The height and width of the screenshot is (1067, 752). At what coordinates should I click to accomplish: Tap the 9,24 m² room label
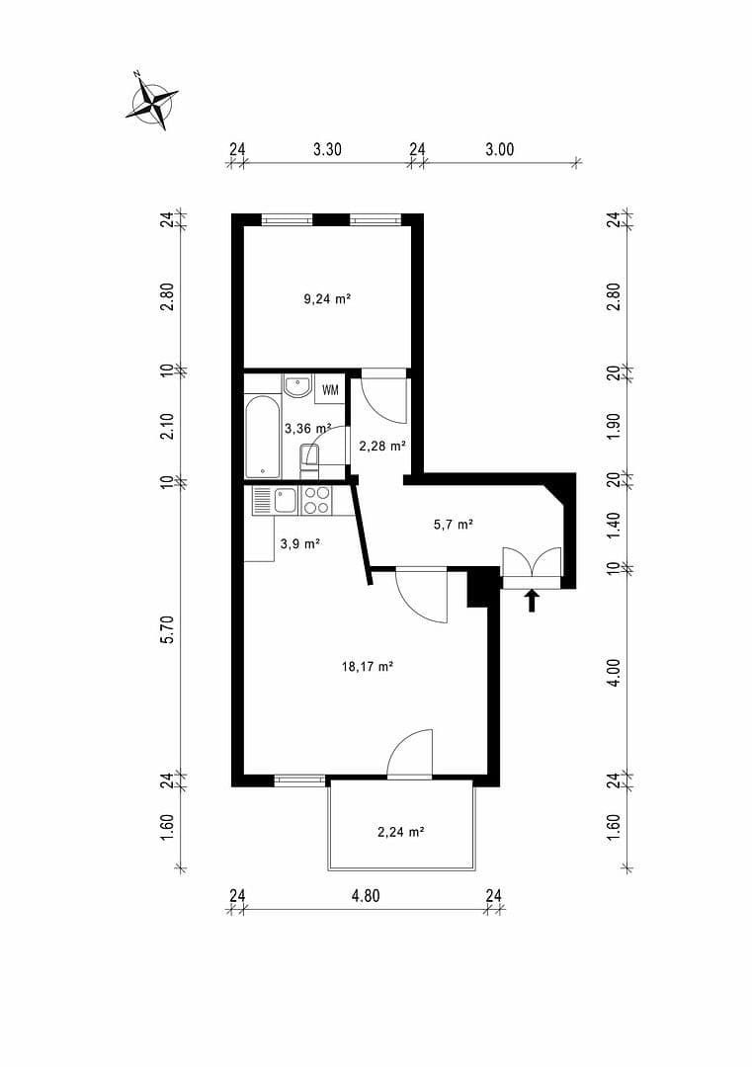(327, 297)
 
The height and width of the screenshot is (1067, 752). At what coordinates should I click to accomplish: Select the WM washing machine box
(330, 389)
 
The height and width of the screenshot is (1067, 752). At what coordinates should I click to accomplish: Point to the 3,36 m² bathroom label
(307, 429)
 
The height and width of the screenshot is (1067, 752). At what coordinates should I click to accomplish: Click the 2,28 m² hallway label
(382, 446)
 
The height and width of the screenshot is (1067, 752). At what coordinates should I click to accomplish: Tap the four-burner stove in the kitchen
(316, 501)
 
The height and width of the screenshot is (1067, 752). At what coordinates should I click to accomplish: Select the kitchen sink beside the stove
(286, 501)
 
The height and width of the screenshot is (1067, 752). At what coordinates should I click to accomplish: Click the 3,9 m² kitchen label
(298, 543)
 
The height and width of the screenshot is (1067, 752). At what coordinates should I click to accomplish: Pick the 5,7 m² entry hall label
(454, 525)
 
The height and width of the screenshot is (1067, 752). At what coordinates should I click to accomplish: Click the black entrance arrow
(532, 600)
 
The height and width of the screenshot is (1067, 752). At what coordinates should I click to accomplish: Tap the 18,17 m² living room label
(368, 667)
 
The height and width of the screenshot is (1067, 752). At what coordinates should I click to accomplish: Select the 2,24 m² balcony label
(400, 832)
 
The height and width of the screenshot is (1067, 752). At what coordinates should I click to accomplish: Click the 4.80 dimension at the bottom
(366, 896)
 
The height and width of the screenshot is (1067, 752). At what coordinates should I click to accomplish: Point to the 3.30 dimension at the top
(327, 150)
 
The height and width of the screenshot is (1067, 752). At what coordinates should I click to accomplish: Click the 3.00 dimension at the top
(500, 150)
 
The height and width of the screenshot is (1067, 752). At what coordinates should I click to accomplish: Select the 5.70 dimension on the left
(167, 629)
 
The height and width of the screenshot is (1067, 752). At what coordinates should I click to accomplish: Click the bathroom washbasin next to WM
(297, 386)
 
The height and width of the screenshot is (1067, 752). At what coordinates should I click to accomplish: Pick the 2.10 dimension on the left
(167, 426)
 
